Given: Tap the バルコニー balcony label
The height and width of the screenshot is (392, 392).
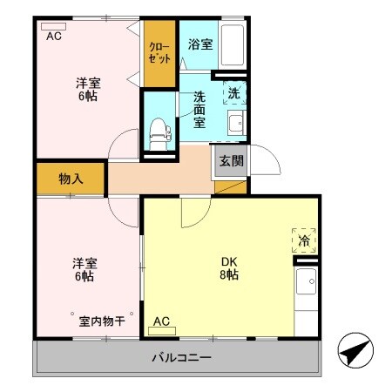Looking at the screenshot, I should pos(181,357).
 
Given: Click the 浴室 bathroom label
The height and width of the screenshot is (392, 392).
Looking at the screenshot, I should pos(199,44).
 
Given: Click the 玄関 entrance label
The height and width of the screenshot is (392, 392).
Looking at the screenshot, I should pos(231,160).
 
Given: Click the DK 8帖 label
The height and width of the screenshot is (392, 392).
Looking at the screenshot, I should pos(228,266).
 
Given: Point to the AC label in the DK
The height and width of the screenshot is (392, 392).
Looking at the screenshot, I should pos(162,321).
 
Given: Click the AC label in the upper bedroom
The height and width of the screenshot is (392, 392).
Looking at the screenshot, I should pos(54,37).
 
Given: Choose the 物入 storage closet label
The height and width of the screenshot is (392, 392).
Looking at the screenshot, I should pos(71,179).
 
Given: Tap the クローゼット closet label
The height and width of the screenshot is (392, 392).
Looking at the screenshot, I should pos(159,53).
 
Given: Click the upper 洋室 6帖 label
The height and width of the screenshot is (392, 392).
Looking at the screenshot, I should pos(86,90).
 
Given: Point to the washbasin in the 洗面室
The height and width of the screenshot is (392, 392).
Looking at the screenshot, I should pos(233,124).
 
